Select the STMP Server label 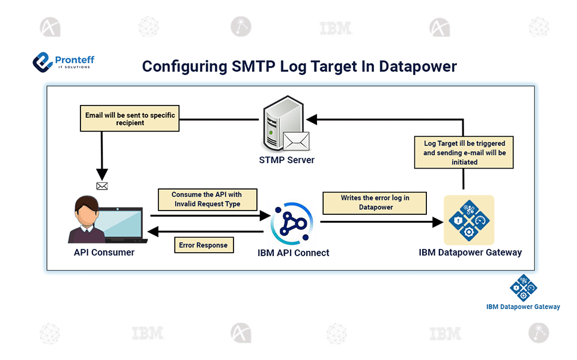click(287, 160)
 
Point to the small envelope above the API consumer click(102, 186)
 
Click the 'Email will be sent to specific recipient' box click(130, 118)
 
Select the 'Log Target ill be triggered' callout click(464, 152)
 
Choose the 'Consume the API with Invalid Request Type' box click(207, 199)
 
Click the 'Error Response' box click(204, 245)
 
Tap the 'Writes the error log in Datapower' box click(375, 203)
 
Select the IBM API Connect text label click(293, 253)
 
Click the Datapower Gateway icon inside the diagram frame click(468, 220)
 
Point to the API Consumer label click(104, 252)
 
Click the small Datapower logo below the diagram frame click(523, 288)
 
